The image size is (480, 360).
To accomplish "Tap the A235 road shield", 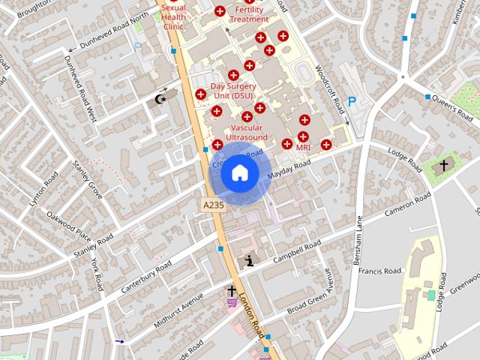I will click(212, 203).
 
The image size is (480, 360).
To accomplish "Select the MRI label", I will click(303, 148).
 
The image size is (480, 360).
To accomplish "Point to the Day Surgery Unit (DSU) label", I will click(232, 91).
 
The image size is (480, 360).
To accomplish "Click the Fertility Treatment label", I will click(250, 14).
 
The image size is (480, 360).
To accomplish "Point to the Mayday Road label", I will click(289, 171).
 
